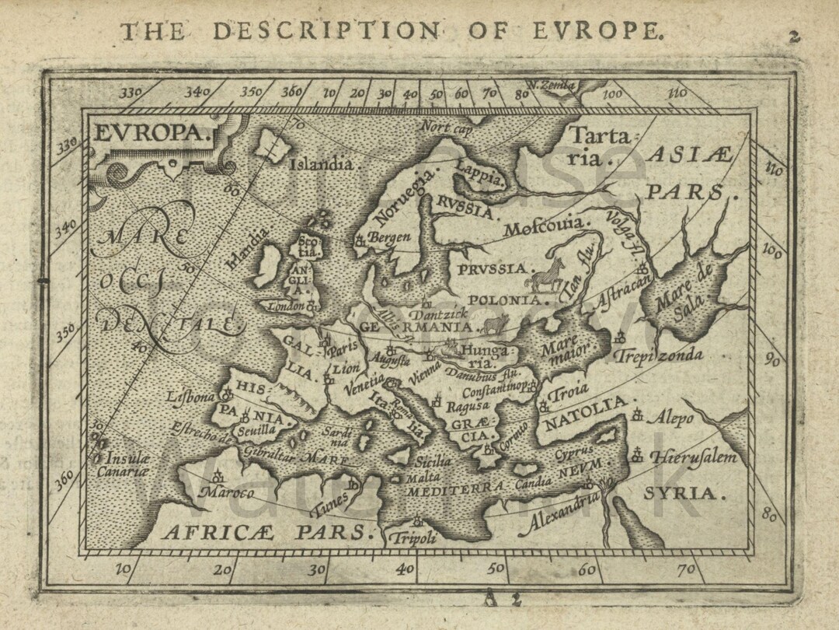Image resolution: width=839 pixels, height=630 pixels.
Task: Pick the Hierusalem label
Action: tap(693, 457)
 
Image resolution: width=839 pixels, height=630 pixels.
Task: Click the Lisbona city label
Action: tap(190, 397)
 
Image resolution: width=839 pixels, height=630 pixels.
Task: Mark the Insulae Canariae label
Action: tap(123, 464)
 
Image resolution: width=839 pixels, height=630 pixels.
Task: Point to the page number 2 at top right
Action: tap(793, 36)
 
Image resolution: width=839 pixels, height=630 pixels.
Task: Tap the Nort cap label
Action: tap(446, 127)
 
